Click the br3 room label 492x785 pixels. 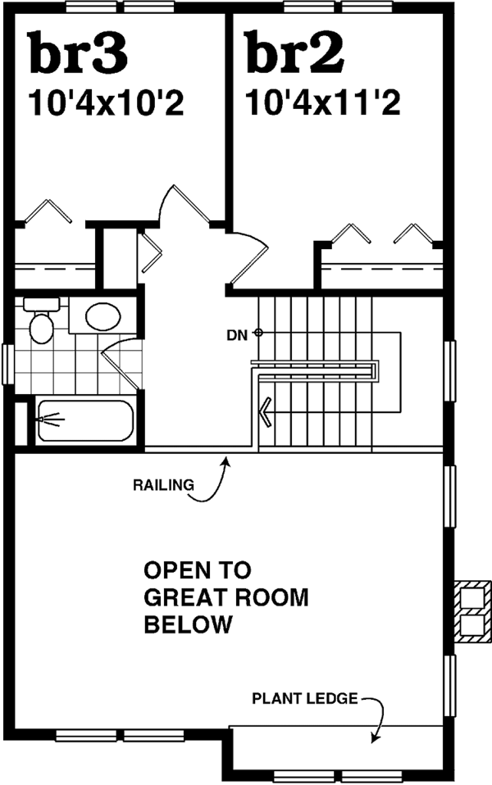pos(79,52)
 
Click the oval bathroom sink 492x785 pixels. pos(102,317)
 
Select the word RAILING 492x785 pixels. pos(163,484)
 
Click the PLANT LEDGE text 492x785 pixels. pos(304,699)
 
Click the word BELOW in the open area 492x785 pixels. pos(188,625)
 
